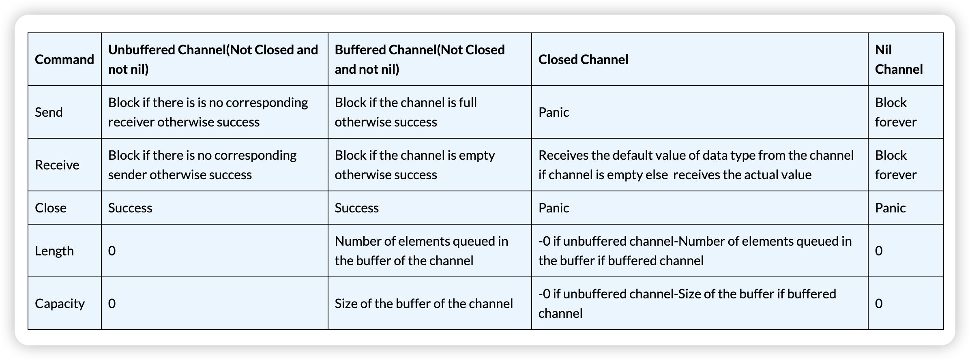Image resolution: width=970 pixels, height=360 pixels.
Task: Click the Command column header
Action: (x=64, y=60)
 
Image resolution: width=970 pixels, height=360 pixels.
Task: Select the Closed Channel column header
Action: (x=583, y=60)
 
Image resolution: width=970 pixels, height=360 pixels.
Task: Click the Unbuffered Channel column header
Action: (x=213, y=60)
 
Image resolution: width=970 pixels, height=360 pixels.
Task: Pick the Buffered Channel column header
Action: (x=420, y=60)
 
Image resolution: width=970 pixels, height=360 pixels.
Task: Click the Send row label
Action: (x=49, y=112)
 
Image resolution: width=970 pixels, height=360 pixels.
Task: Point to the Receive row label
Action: (x=57, y=165)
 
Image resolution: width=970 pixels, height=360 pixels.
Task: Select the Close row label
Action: (x=51, y=208)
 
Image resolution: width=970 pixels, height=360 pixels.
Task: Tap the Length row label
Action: (x=54, y=251)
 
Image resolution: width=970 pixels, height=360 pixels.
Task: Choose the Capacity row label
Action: (x=60, y=304)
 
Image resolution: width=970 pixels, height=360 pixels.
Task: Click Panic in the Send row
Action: (x=554, y=112)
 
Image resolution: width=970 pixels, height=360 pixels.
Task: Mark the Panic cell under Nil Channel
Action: (x=890, y=208)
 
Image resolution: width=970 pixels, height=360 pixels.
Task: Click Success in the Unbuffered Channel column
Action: (x=130, y=208)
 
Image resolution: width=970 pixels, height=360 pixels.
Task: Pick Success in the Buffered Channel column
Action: (x=357, y=208)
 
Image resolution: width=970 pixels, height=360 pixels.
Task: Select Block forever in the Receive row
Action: (x=896, y=165)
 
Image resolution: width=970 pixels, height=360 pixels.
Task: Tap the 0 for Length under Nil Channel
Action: (x=879, y=251)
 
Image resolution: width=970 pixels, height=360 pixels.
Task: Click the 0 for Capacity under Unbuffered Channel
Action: (x=112, y=304)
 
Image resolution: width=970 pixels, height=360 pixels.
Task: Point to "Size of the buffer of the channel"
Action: (x=424, y=304)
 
